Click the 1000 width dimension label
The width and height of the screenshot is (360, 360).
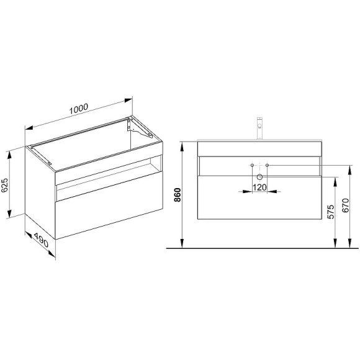(79, 109)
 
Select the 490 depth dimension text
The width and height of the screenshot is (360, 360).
(42, 240)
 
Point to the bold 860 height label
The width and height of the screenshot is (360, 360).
(178, 195)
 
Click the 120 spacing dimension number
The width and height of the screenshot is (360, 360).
(259, 187)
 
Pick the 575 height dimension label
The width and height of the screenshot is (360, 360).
(331, 212)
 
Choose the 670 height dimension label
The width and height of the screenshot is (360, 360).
(346, 205)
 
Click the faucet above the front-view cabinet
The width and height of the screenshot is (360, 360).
(259, 128)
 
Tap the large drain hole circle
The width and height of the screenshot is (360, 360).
(259, 177)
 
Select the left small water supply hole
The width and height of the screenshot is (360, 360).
(253, 165)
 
